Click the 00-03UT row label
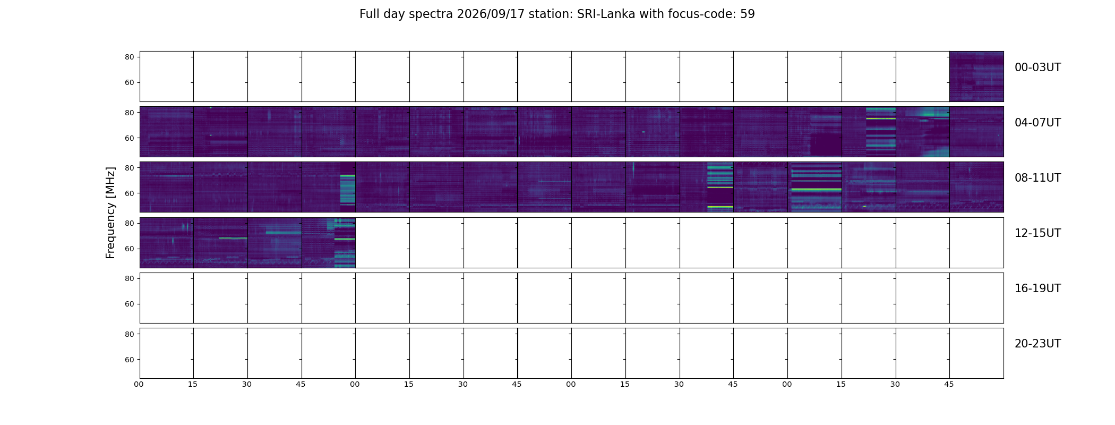[1037, 67]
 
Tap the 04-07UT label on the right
[1037, 123]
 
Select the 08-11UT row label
[1037, 178]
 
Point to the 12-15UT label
[1037, 233]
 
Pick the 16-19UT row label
[1037, 288]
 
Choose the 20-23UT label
[1037, 344]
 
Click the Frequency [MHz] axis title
[110, 212]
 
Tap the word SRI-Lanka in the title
[606, 14]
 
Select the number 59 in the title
[748, 14]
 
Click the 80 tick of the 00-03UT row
[130, 57]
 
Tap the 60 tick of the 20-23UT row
[130, 360]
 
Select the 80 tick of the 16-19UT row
[130, 278]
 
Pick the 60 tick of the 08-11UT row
[130, 193]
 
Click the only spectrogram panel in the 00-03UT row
[976, 76]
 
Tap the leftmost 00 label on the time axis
[139, 384]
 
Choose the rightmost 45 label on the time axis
[949, 384]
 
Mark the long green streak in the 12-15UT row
[233, 238]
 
